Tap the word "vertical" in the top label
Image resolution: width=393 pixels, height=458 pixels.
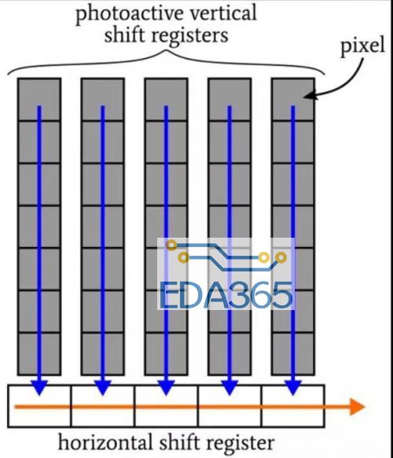[223, 13]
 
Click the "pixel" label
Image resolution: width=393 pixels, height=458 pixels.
[362, 46]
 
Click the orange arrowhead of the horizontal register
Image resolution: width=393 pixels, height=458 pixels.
[357, 407]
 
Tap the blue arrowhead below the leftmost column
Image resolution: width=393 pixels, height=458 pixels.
[39, 388]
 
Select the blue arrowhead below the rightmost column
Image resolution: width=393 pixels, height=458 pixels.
[293, 388]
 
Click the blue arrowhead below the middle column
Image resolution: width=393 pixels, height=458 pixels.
[166, 388]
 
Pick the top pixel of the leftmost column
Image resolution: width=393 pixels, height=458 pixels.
[39, 99]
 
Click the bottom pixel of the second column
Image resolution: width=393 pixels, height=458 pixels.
[103, 353]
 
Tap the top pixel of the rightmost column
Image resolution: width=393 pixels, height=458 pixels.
[293, 99]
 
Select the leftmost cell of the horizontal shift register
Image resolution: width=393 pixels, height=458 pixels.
[39, 406]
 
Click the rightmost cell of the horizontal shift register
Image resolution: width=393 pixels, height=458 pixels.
[293, 406]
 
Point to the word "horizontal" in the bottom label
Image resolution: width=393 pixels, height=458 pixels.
[105, 442]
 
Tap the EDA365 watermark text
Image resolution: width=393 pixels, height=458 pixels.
[226, 295]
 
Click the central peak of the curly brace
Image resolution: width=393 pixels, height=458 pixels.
[167, 51]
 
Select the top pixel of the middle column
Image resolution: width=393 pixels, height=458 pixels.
[166, 99]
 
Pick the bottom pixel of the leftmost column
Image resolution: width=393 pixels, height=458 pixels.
[39, 353]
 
